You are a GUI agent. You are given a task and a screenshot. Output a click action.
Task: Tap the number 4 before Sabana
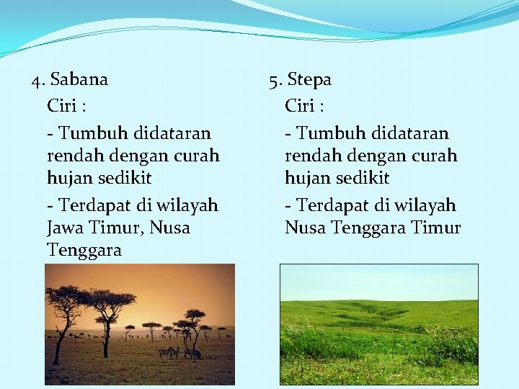point(37,79)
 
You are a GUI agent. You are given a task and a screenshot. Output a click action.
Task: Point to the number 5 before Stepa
point(274,79)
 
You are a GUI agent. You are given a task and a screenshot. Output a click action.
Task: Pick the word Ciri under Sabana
point(62,107)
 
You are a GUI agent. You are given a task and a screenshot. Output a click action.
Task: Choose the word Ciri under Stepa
point(300,107)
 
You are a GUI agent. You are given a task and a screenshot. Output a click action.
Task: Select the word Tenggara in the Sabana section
point(84,251)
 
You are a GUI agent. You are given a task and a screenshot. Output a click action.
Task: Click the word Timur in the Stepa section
point(435,228)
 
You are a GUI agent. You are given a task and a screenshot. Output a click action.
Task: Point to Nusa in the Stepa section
point(306,228)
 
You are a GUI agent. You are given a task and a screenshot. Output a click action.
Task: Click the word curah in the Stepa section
point(434,156)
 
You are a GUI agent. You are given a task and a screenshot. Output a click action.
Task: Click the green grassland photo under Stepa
point(378,324)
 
